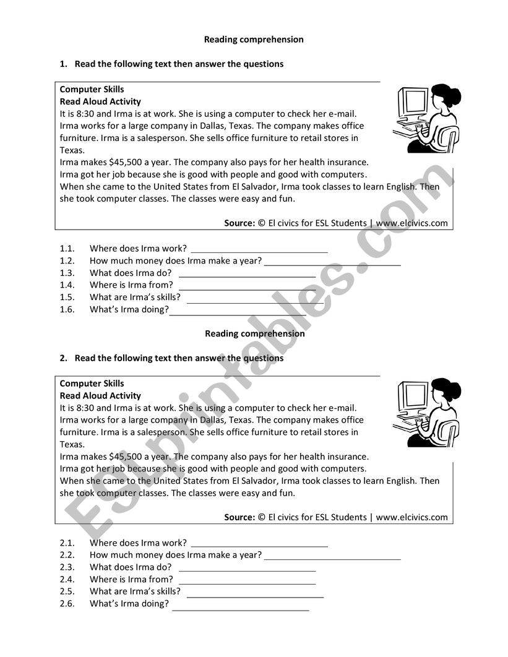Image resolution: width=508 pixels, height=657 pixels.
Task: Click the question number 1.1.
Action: [x=67, y=249]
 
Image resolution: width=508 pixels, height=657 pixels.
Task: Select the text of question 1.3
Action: [x=131, y=273]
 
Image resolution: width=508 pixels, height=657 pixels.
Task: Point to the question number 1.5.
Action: [x=67, y=298]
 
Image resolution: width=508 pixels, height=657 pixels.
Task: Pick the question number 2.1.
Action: [x=67, y=543]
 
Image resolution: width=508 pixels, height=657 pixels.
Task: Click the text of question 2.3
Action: [x=131, y=567]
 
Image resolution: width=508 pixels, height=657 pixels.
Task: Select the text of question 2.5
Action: [x=135, y=591]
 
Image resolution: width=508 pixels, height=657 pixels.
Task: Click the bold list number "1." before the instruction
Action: [x=62, y=64]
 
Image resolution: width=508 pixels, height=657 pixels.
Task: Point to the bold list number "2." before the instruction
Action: [x=62, y=358]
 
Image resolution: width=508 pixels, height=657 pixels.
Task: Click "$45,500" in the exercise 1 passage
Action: [x=126, y=162]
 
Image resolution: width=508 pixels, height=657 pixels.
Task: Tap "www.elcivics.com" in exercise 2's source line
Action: [x=411, y=517]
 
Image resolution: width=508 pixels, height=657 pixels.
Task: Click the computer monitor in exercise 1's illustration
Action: [x=413, y=102]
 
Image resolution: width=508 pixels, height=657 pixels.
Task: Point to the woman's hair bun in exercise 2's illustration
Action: [x=455, y=390]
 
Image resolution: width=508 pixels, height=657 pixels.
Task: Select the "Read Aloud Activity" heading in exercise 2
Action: [x=100, y=396]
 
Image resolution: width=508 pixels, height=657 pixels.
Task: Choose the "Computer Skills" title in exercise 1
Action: [x=92, y=90]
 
